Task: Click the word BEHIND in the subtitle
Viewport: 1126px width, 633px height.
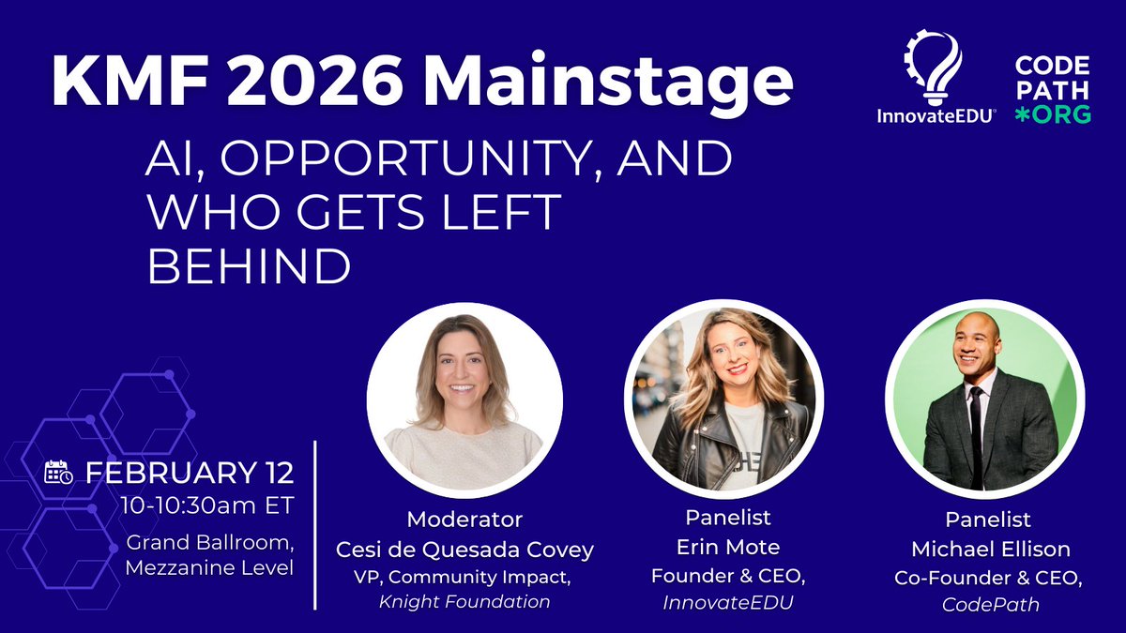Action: (x=249, y=267)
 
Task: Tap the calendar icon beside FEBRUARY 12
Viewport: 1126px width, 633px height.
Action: (x=59, y=472)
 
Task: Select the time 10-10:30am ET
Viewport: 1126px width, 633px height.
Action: (x=207, y=505)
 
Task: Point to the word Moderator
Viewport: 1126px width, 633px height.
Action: (x=464, y=519)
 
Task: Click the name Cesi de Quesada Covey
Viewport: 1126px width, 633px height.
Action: (x=464, y=549)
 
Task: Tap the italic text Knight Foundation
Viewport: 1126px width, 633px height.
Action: (x=464, y=601)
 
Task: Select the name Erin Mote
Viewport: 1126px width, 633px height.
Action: (x=723, y=549)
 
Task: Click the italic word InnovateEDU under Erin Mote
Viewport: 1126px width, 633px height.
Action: (x=723, y=602)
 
